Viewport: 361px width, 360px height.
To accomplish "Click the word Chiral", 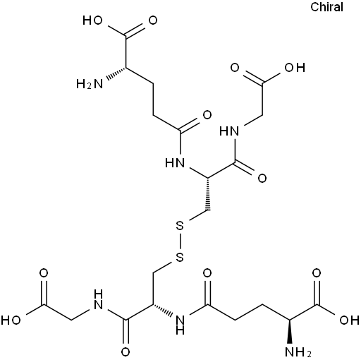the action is pyautogui.click(x=326, y=7).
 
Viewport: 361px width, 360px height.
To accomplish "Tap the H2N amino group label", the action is pyautogui.click(x=90, y=84).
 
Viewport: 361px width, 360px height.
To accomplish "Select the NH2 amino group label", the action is pyautogui.click(x=298, y=352).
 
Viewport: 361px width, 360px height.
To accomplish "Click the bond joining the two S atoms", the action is pyautogui.click(x=180, y=242).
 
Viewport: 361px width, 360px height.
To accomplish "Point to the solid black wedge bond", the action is pyautogui.click(x=290, y=332).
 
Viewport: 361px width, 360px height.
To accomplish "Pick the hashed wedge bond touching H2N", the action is pyautogui.click(x=116, y=73).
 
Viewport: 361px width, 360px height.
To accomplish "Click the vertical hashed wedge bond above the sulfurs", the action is pyautogui.click(x=208, y=194).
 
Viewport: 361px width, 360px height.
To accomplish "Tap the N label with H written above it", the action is pyautogui.click(x=98, y=301).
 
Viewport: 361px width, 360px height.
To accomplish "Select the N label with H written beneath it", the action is pyautogui.click(x=180, y=325).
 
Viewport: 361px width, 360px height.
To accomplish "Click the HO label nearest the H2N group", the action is pyautogui.click(x=92, y=20).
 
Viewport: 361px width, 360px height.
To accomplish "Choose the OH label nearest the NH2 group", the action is pyautogui.click(x=349, y=320).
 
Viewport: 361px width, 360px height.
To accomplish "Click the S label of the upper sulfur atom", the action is pyautogui.click(x=180, y=227).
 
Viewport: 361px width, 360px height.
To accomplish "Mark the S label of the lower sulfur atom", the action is pyautogui.click(x=180, y=258).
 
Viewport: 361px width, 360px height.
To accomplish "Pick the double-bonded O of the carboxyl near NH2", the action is pyautogui.click(x=317, y=273).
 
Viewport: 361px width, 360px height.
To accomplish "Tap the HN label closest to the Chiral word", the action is pyautogui.click(x=229, y=131).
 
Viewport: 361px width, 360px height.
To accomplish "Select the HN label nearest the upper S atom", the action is pyautogui.click(x=175, y=162).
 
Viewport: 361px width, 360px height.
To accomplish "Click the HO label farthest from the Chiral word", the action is pyautogui.click(x=11, y=320).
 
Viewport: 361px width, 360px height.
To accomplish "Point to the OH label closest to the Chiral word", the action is pyautogui.click(x=295, y=68).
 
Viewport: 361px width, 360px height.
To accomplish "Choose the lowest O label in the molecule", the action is pyautogui.click(x=126, y=352).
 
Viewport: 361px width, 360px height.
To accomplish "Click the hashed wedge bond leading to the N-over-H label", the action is pyautogui.click(x=163, y=309).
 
